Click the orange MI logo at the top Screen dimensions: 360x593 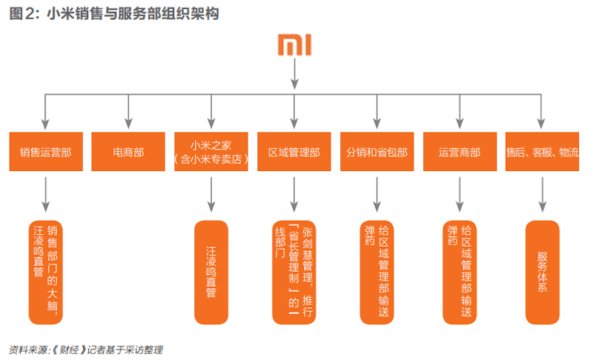click(x=295, y=44)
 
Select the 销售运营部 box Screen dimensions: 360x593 click(x=46, y=153)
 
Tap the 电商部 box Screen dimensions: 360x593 click(x=128, y=153)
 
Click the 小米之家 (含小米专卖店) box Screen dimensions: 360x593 click(x=211, y=153)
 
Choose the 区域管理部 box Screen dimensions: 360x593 click(x=294, y=153)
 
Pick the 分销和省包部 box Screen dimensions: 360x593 click(x=377, y=153)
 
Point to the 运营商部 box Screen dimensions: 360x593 click(x=460, y=153)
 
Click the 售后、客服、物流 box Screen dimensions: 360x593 click(x=543, y=153)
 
